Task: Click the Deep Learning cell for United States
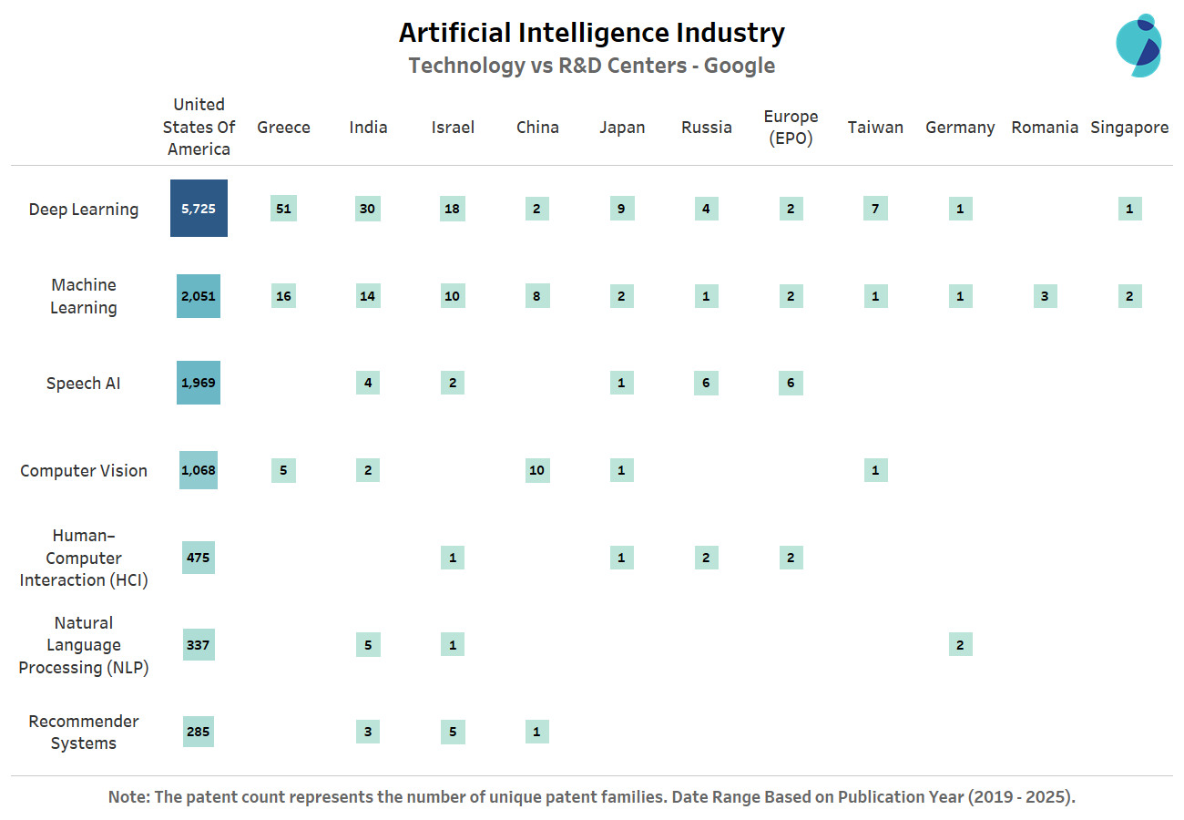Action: (x=199, y=209)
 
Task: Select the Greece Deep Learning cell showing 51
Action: (x=283, y=209)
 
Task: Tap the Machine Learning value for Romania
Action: (x=1045, y=296)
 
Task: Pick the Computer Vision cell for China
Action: (x=537, y=470)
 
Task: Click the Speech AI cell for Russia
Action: (x=706, y=383)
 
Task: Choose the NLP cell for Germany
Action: (x=960, y=645)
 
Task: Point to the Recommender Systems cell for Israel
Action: (x=453, y=732)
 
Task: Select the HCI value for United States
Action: (x=199, y=558)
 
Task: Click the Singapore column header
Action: (x=1129, y=128)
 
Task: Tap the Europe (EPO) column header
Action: (x=791, y=128)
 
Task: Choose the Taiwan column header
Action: (x=875, y=128)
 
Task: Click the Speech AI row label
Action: (x=84, y=384)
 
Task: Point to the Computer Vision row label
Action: (x=84, y=471)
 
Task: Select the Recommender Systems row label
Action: (x=84, y=733)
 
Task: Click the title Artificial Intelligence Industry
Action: (x=592, y=34)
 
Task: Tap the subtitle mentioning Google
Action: (x=592, y=66)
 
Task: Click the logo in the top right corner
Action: (x=1138, y=46)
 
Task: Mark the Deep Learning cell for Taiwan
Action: (x=875, y=209)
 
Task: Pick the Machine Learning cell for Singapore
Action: (x=1129, y=296)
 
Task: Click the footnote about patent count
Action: (x=592, y=797)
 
